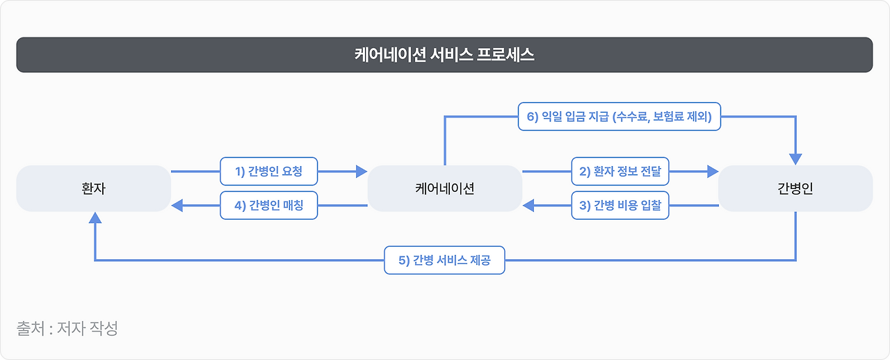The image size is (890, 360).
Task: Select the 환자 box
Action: tap(93, 188)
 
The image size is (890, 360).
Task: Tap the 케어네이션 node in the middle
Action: tap(444, 188)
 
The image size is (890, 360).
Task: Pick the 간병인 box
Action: tap(795, 188)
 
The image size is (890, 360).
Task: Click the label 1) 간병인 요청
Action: tap(269, 170)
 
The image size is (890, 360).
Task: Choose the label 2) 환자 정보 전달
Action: tap(620, 170)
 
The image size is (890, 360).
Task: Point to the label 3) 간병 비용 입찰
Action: tap(620, 206)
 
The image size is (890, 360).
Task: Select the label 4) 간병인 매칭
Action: tap(269, 206)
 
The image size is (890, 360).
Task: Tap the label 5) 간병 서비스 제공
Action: tap(444, 261)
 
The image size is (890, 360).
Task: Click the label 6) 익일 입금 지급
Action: tap(620, 117)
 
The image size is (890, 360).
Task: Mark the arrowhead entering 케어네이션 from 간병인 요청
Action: tap(361, 170)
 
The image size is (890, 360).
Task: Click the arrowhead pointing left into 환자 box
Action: tap(177, 206)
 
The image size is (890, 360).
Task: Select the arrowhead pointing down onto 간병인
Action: tap(795, 158)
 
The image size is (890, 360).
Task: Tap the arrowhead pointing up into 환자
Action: tap(95, 218)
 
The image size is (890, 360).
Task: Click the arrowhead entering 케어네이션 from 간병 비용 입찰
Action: tap(528, 206)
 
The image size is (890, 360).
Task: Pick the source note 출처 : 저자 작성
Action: tap(67, 328)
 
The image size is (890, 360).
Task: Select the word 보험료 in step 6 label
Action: tap(671, 117)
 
